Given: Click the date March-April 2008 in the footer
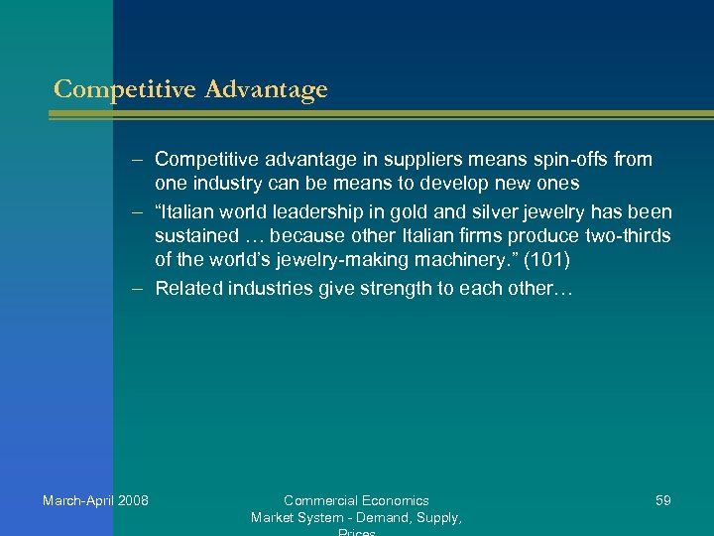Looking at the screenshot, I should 95,500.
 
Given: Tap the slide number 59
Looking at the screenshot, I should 662,500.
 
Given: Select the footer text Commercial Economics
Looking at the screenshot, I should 356,500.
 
